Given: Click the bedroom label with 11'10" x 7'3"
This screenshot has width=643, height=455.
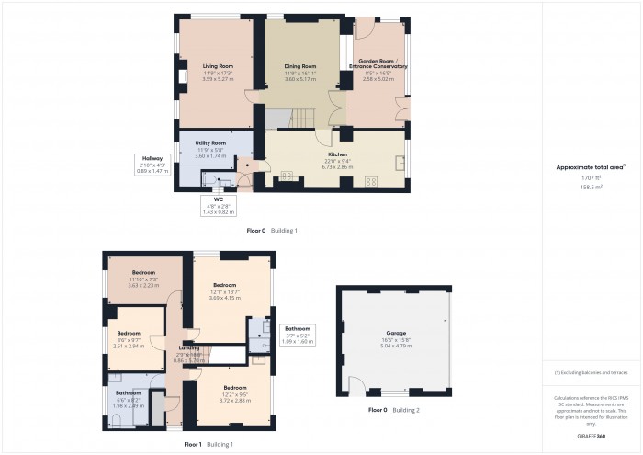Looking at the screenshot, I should tap(143, 279).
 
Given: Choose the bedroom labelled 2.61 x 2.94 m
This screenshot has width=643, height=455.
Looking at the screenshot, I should tap(129, 337).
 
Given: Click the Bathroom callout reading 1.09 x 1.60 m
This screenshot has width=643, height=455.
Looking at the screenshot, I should tap(298, 334).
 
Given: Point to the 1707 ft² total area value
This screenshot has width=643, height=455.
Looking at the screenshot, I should tap(592, 176).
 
